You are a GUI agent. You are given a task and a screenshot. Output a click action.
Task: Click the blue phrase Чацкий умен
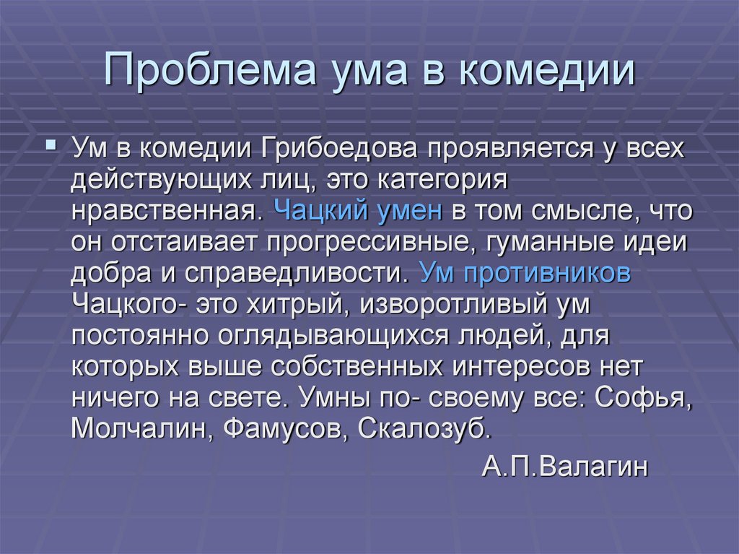click(358, 211)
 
